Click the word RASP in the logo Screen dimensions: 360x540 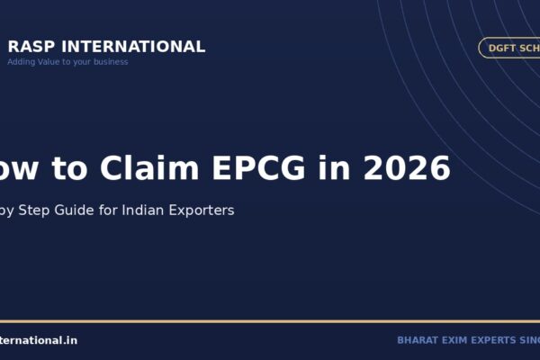(x=29, y=47)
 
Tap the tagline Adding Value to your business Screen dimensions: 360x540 (x=67, y=62)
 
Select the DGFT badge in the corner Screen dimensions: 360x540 (x=509, y=49)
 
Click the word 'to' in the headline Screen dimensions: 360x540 (x=71, y=167)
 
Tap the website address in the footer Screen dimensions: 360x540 (x=39, y=340)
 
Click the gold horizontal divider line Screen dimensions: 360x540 (x=270, y=321)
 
